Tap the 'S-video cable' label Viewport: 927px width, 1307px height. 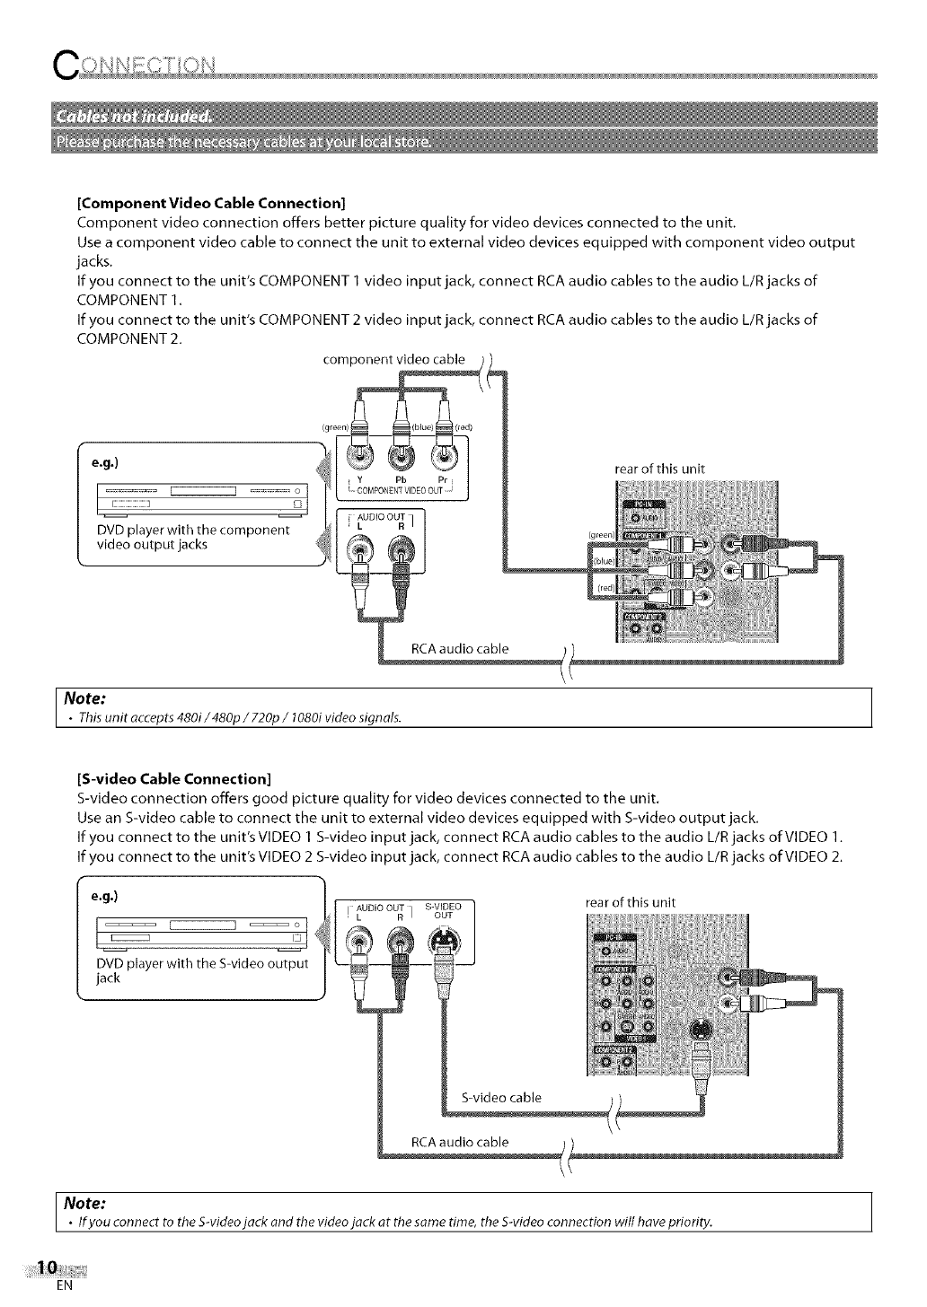pyautogui.click(x=500, y=1097)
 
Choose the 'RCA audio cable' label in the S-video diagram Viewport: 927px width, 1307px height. pyautogui.click(x=459, y=1142)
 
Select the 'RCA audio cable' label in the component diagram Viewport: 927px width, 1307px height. pyautogui.click(x=459, y=648)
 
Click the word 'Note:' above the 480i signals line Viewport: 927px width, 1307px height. pyautogui.click(x=83, y=697)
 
